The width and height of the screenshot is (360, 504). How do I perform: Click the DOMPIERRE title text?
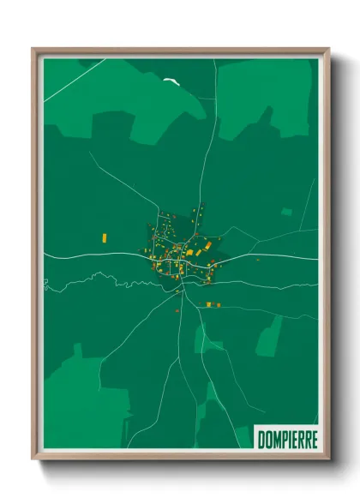[x=287, y=439]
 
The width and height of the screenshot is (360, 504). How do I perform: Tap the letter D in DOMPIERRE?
[x=261, y=439]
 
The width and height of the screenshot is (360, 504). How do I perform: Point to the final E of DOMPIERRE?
[x=315, y=439]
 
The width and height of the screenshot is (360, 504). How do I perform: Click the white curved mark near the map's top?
[x=171, y=82]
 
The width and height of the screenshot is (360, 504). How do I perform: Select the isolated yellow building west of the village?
[x=105, y=236]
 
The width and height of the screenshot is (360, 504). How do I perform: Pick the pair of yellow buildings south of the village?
[x=213, y=304]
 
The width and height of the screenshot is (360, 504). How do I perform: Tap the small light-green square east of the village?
[x=286, y=212]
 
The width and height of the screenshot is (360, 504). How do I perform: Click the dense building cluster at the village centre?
[x=176, y=249]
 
